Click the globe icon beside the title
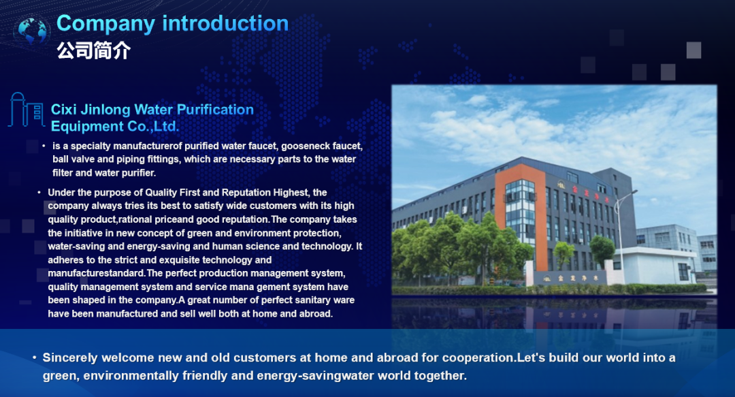tap(31, 31)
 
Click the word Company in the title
tap(105, 24)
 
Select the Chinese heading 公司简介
tap(94, 50)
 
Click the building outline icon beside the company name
tap(27, 110)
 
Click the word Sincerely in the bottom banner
tap(70, 358)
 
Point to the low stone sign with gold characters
tap(570, 279)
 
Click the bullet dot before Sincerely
tap(35, 358)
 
